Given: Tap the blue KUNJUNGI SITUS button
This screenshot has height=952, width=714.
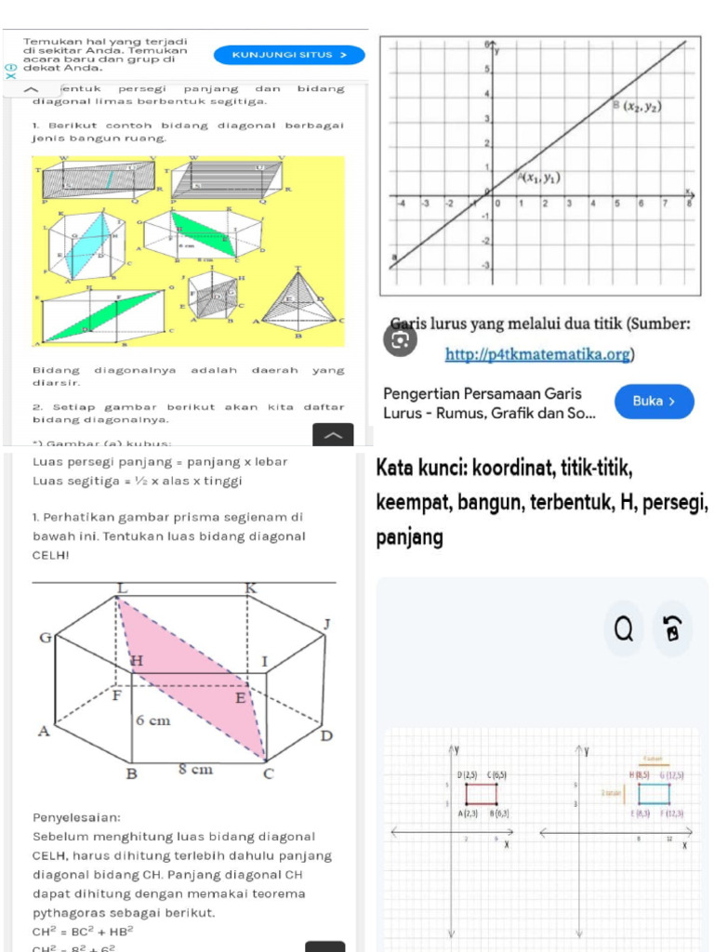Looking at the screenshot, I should click(x=288, y=55).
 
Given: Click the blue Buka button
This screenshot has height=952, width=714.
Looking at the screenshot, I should click(x=653, y=401).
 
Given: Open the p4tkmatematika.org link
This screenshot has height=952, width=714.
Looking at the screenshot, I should click(x=539, y=354).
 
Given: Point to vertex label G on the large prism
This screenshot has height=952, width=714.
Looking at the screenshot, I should click(x=44, y=637).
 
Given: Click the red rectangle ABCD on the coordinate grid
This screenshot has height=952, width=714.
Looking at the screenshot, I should click(x=481, y=793).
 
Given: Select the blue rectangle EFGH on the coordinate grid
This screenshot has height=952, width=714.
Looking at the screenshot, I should click(x=654, y=793).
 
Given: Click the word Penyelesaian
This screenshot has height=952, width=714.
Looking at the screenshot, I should click(x=76, y=817).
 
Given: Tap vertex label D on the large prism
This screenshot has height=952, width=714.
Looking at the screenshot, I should click(x=325, y=736).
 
